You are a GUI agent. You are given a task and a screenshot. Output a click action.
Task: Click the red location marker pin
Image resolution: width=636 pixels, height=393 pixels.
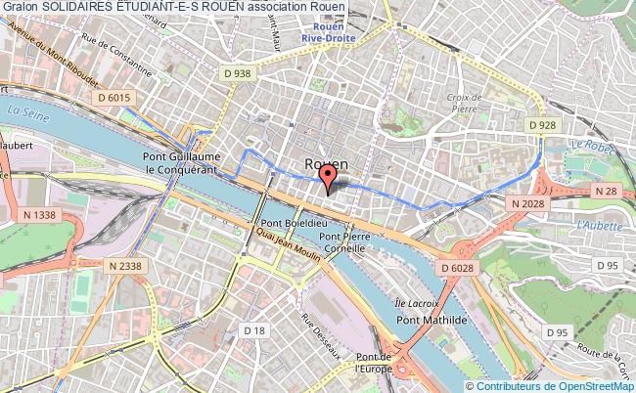pos(329,175)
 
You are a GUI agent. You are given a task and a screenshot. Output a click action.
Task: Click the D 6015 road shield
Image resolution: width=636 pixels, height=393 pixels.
pos(114,97)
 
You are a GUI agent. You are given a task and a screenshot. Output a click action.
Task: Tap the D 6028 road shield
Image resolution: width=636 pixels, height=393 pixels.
pos(457,267)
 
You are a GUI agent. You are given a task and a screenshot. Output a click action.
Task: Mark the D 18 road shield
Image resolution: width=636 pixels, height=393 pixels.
pos(253,332)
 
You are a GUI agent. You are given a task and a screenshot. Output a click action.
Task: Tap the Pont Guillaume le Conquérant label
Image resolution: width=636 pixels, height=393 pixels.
pos(184,162)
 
